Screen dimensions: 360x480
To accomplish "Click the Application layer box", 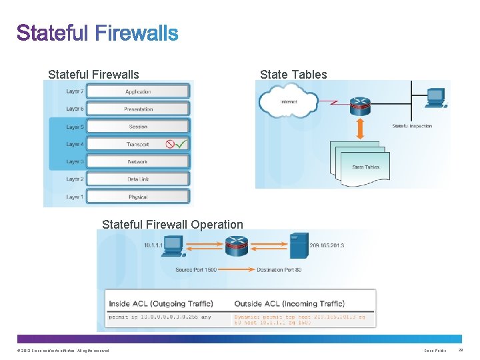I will tap(138, 91).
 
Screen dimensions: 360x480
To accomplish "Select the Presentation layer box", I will tap(138, 109).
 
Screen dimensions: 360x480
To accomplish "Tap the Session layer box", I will tap(138, 126).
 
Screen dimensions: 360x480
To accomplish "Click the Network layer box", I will tap(138, 161).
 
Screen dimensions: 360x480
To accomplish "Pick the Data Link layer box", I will tap(138, 179).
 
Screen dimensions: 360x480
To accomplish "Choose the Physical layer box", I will tap(138, 197).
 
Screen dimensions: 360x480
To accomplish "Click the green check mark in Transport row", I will tap(181, 143).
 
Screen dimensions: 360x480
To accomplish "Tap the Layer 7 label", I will tap(75, 91).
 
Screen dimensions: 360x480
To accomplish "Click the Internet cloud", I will tap(288, 102).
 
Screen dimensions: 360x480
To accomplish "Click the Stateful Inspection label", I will tap(412, 126).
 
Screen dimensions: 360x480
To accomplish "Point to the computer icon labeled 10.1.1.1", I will tap(173, 246).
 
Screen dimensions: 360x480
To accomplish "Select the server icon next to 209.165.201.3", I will tap(298, 245).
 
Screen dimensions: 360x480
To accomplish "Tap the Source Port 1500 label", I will tap(196, 270).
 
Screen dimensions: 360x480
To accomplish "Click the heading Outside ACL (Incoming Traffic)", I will tap(289, 303).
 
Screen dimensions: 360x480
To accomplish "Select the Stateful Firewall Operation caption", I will tap(172, 225).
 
